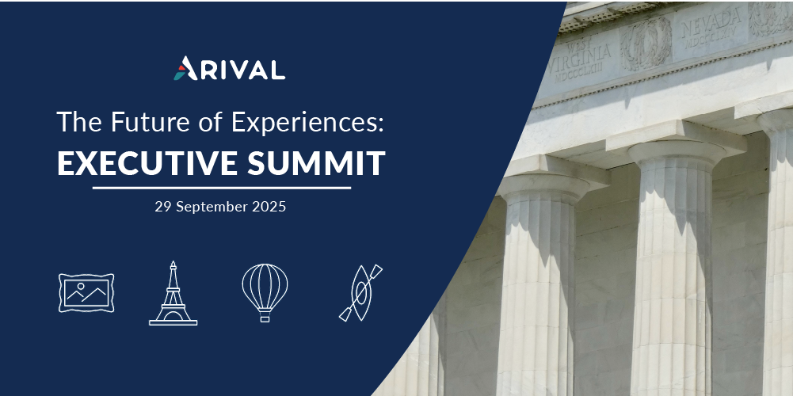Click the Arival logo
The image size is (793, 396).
click(230, 68)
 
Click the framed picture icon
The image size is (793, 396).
click(86, 293)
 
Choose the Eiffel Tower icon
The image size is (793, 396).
click(173, 293)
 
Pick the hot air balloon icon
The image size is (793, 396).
click(265, 289)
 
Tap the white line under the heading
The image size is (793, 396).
click(222, 188)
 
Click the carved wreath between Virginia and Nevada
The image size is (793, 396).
click(646, 43)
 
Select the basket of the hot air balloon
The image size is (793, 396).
click(265, 318)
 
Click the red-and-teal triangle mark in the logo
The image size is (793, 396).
click(181, 69)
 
